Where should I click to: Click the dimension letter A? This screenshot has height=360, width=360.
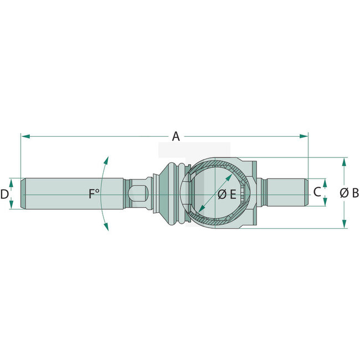click(176, 136)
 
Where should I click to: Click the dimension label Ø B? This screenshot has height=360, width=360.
click(349, 193)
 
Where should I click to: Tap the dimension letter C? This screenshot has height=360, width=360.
click(316, 192)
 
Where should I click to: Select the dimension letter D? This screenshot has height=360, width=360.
click(4, 194)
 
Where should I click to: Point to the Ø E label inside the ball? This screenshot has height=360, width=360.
click(227, 194)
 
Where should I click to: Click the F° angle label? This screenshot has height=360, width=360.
click(94, 193)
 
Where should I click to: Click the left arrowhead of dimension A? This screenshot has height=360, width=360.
click(24, 136)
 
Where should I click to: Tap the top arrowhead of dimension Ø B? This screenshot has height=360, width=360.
click(344, 161)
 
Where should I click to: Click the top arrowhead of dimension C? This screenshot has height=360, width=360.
click(325, 182)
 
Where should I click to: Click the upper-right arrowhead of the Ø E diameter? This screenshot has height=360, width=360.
click(230, 176)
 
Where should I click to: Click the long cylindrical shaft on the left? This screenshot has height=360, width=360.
click(72, 193)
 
